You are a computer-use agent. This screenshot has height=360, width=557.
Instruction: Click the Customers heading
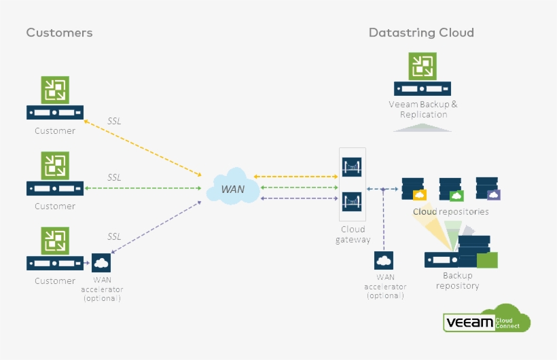tap(59, 33)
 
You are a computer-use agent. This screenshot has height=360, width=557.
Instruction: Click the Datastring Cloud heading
tap(421, 33)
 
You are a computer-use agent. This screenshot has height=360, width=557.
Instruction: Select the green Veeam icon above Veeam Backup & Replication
tap(422, 67)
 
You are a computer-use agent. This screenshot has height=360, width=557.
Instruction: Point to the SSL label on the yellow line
tap(114, 122)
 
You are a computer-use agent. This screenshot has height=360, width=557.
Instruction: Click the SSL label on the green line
tap(114, 177)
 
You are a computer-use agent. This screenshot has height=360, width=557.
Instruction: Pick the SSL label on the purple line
tap(114, 236)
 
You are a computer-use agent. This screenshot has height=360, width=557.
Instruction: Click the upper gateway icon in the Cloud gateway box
tap(352, 167)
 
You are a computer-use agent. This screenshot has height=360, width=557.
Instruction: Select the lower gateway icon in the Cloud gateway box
tap(352, 201)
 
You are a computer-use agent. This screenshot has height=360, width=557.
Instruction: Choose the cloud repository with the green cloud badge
tap(451, 190)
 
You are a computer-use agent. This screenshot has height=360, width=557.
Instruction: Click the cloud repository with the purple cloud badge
tap(488, 188)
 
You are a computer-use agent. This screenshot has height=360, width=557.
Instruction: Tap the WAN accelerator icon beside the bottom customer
tap(101, 262)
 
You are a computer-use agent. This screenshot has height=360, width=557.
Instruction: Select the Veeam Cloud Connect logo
tap(486, 319)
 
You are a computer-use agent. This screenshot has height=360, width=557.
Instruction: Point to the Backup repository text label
tap(457, 281)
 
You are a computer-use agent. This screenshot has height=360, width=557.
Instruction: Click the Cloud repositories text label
tap(450, 212)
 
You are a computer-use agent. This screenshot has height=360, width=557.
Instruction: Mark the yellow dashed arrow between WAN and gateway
tap(296, 177)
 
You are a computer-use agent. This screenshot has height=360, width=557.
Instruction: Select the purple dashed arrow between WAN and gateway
tap(296, 198)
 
